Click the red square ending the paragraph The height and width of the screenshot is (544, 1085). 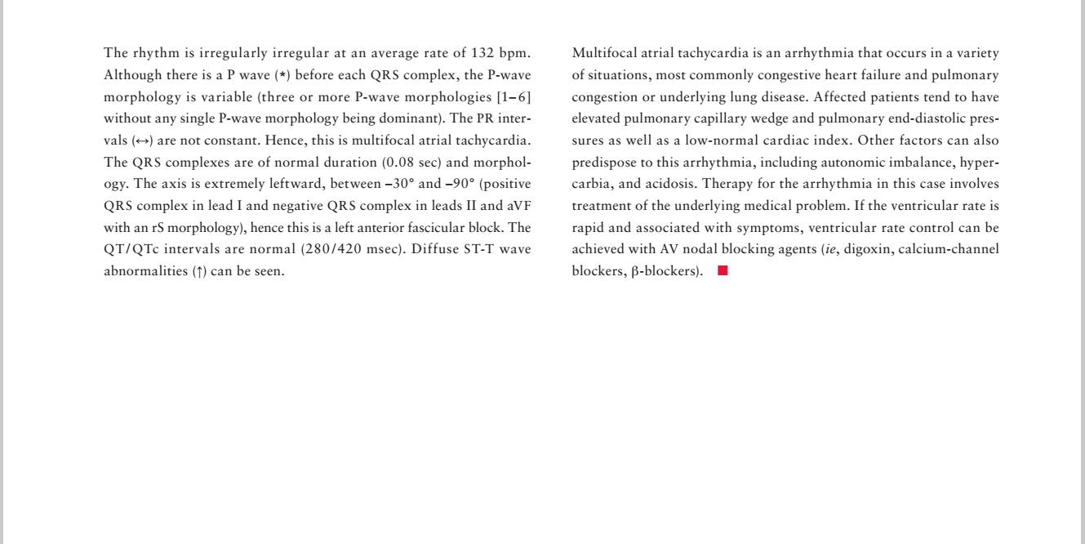(x=722, y=272)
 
